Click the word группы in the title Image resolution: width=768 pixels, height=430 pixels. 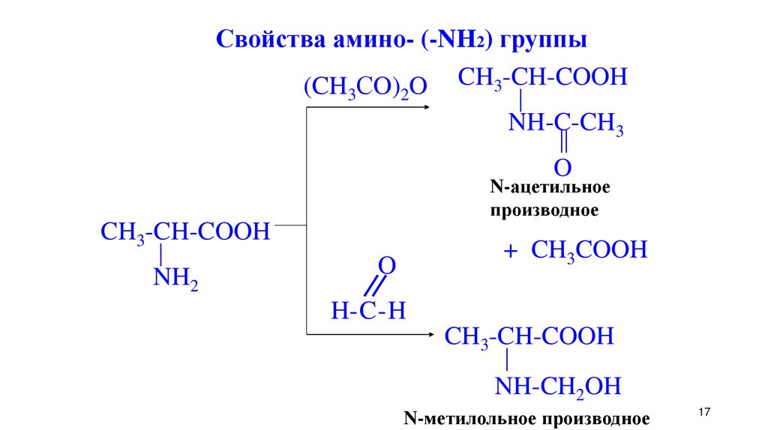click(x=544, y=39)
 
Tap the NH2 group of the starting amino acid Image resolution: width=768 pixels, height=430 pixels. click(x=175, y=279)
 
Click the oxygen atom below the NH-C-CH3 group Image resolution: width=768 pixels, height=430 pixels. click(x=562, y=166)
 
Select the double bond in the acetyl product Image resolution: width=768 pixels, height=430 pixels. click(x=562, y=143)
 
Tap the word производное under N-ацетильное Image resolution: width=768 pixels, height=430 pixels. click(x=544, y=211)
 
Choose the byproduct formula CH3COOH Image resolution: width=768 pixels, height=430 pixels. click(x=589, y=250)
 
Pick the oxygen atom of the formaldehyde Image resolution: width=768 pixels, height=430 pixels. click(x=387, y=266)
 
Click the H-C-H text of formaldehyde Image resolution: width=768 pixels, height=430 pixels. click(x=368, y=310)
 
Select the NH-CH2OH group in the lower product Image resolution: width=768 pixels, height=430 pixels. click(x=558, y=387)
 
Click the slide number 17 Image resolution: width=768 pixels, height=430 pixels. click(x=703, y=413)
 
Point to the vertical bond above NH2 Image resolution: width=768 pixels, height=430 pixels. click(x=160, y=255)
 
